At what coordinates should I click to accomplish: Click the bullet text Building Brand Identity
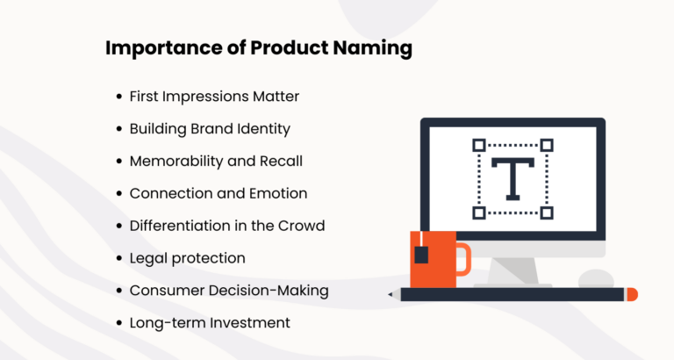[x=209, y=128]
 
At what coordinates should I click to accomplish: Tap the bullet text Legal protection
[x=187, y=258]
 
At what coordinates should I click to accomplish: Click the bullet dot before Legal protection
[x=118, y=259]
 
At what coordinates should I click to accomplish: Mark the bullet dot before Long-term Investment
[x=118, y=324]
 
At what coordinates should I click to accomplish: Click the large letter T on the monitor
[x=512, y=178]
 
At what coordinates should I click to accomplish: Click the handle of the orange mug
[x=463, y=259]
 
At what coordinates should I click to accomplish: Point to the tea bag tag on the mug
[x=421, y=255]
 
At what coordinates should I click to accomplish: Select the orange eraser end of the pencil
[x=632, y=294]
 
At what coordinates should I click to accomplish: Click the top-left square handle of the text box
[x=478, y=145]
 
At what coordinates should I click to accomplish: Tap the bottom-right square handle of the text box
[x=547, y=212]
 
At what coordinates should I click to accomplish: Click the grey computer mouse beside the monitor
[x=596, y=278]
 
